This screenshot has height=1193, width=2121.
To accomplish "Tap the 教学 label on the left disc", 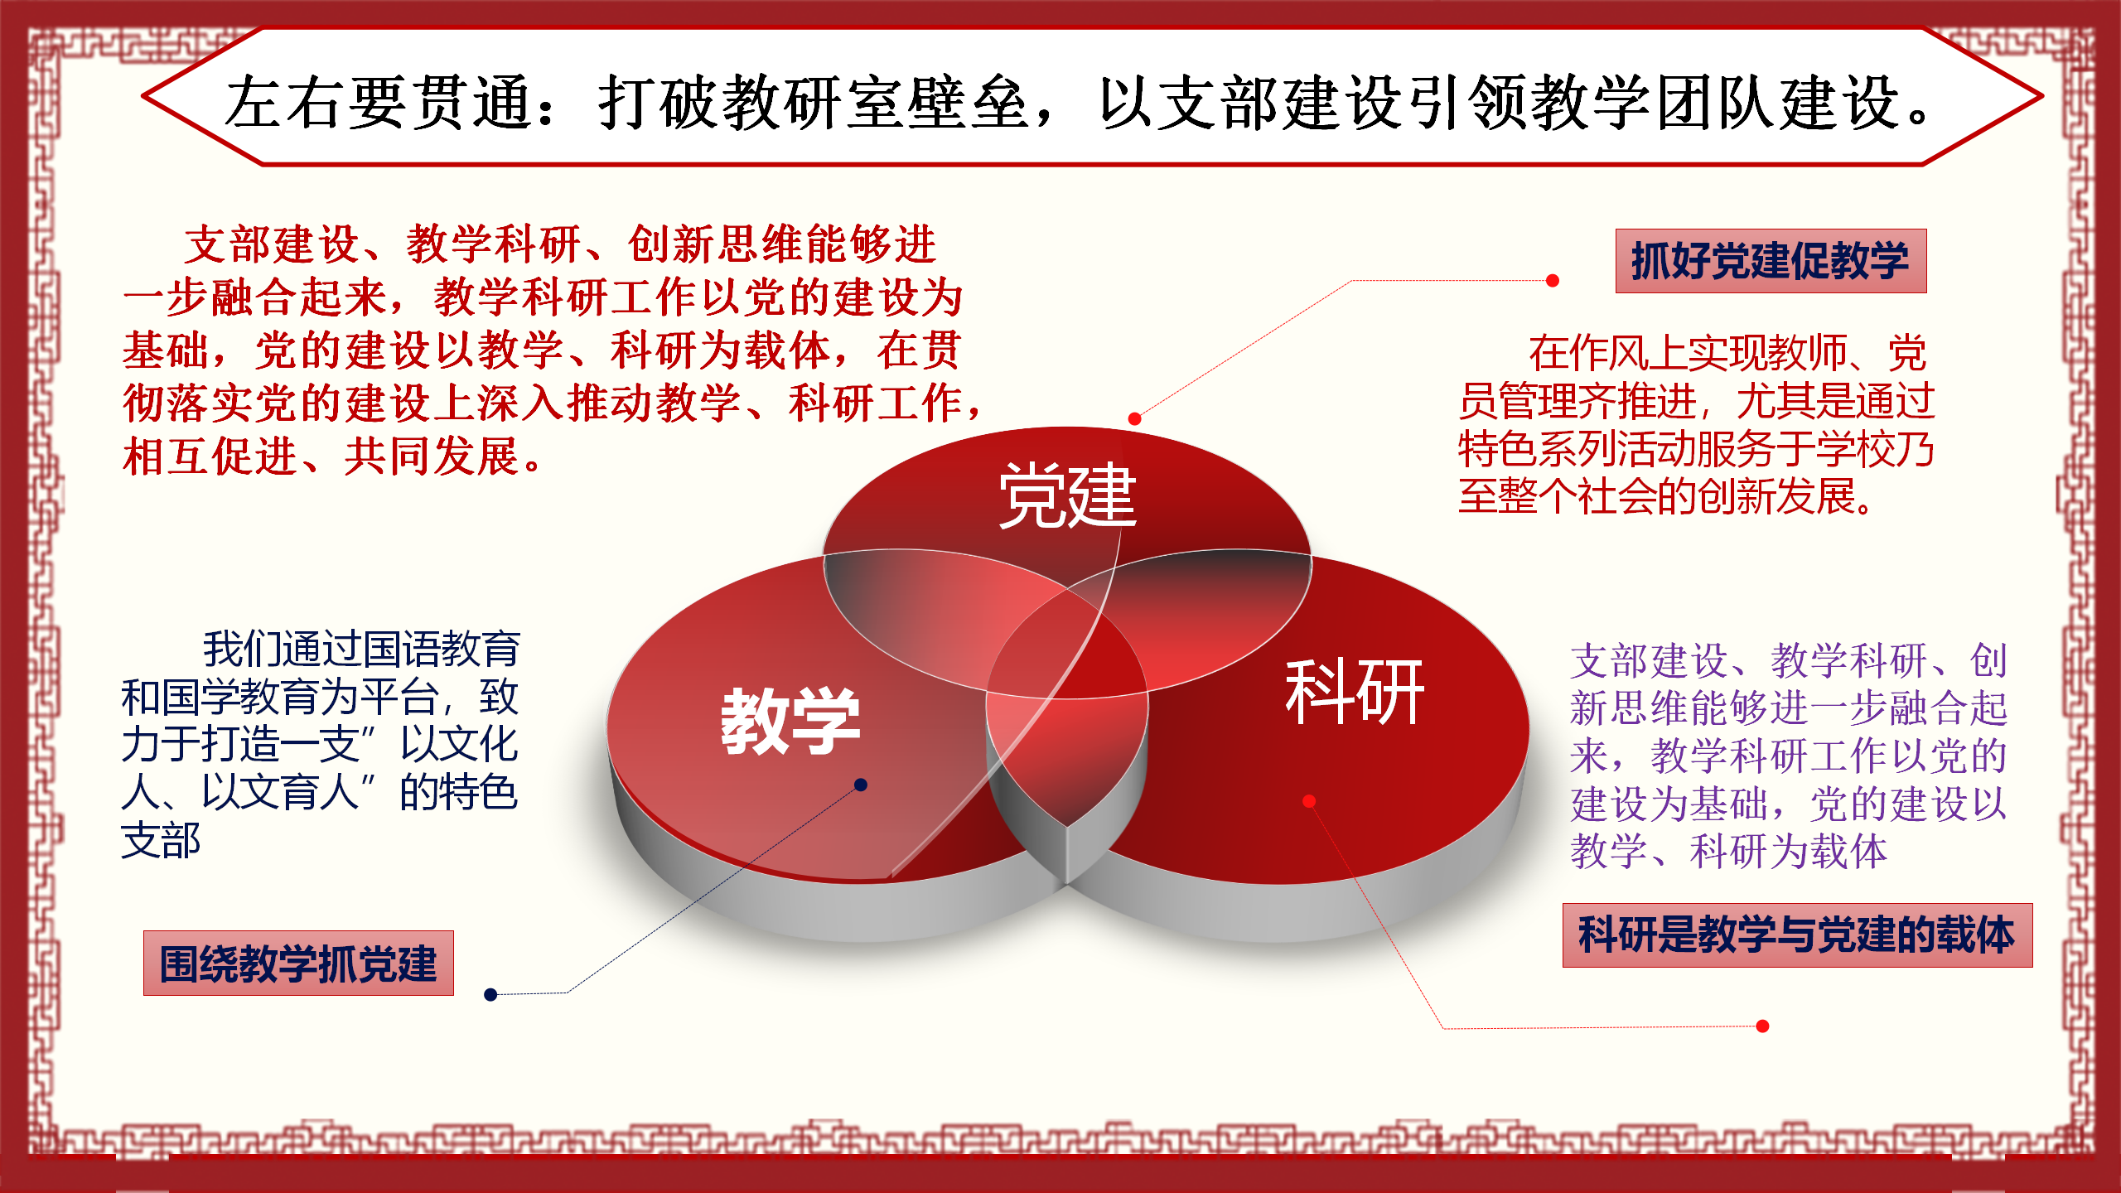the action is [x=790, y=721].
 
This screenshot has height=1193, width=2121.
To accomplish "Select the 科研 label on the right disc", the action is [x=1355, y=692].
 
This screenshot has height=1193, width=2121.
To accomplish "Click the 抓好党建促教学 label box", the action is [x=1771, y=261].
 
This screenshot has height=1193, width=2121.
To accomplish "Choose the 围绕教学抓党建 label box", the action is [x=298, y=963].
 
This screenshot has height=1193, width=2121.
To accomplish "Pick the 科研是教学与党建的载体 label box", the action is [x=1797, y=935].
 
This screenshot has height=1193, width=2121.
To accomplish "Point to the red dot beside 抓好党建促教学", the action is [x=1553, y=281].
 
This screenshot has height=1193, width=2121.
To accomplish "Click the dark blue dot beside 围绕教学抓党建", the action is [x=490, y=994].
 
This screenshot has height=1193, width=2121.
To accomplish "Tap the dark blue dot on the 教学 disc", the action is [x=861, y=785].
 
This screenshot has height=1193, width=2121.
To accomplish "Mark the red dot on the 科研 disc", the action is [x=1309, y=800].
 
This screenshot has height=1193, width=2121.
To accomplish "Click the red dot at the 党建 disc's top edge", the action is [x=1135, y=418].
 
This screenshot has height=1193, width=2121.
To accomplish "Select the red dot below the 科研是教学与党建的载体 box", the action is [x=1763, y=1026].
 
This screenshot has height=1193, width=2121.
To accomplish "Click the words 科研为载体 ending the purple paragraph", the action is [x=1789, y=851].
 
